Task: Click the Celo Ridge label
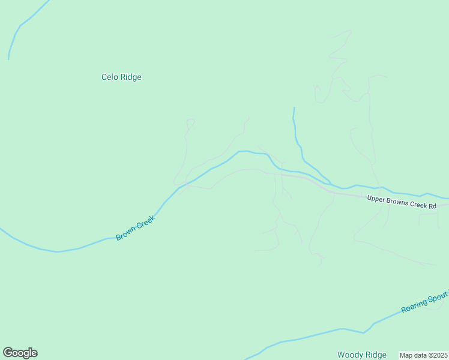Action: (x=121, y=77)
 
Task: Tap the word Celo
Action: (x=109, y=77)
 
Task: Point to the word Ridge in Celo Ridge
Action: (x=131, y=77)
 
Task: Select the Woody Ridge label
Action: (x=361, y=355)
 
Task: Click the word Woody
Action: (x=349, y=355)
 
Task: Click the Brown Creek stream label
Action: (x=135, y=229)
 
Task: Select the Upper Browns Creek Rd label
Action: (x=402, y=202)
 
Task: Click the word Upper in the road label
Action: (x=376, y=199)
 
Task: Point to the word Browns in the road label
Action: (x=396, y=201)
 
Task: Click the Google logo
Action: (x=20, y=353)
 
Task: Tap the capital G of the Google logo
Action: (x=8, y=352)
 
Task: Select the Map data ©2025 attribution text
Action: (x=423, y=355)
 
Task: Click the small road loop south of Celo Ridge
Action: (x=190, y=122)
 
